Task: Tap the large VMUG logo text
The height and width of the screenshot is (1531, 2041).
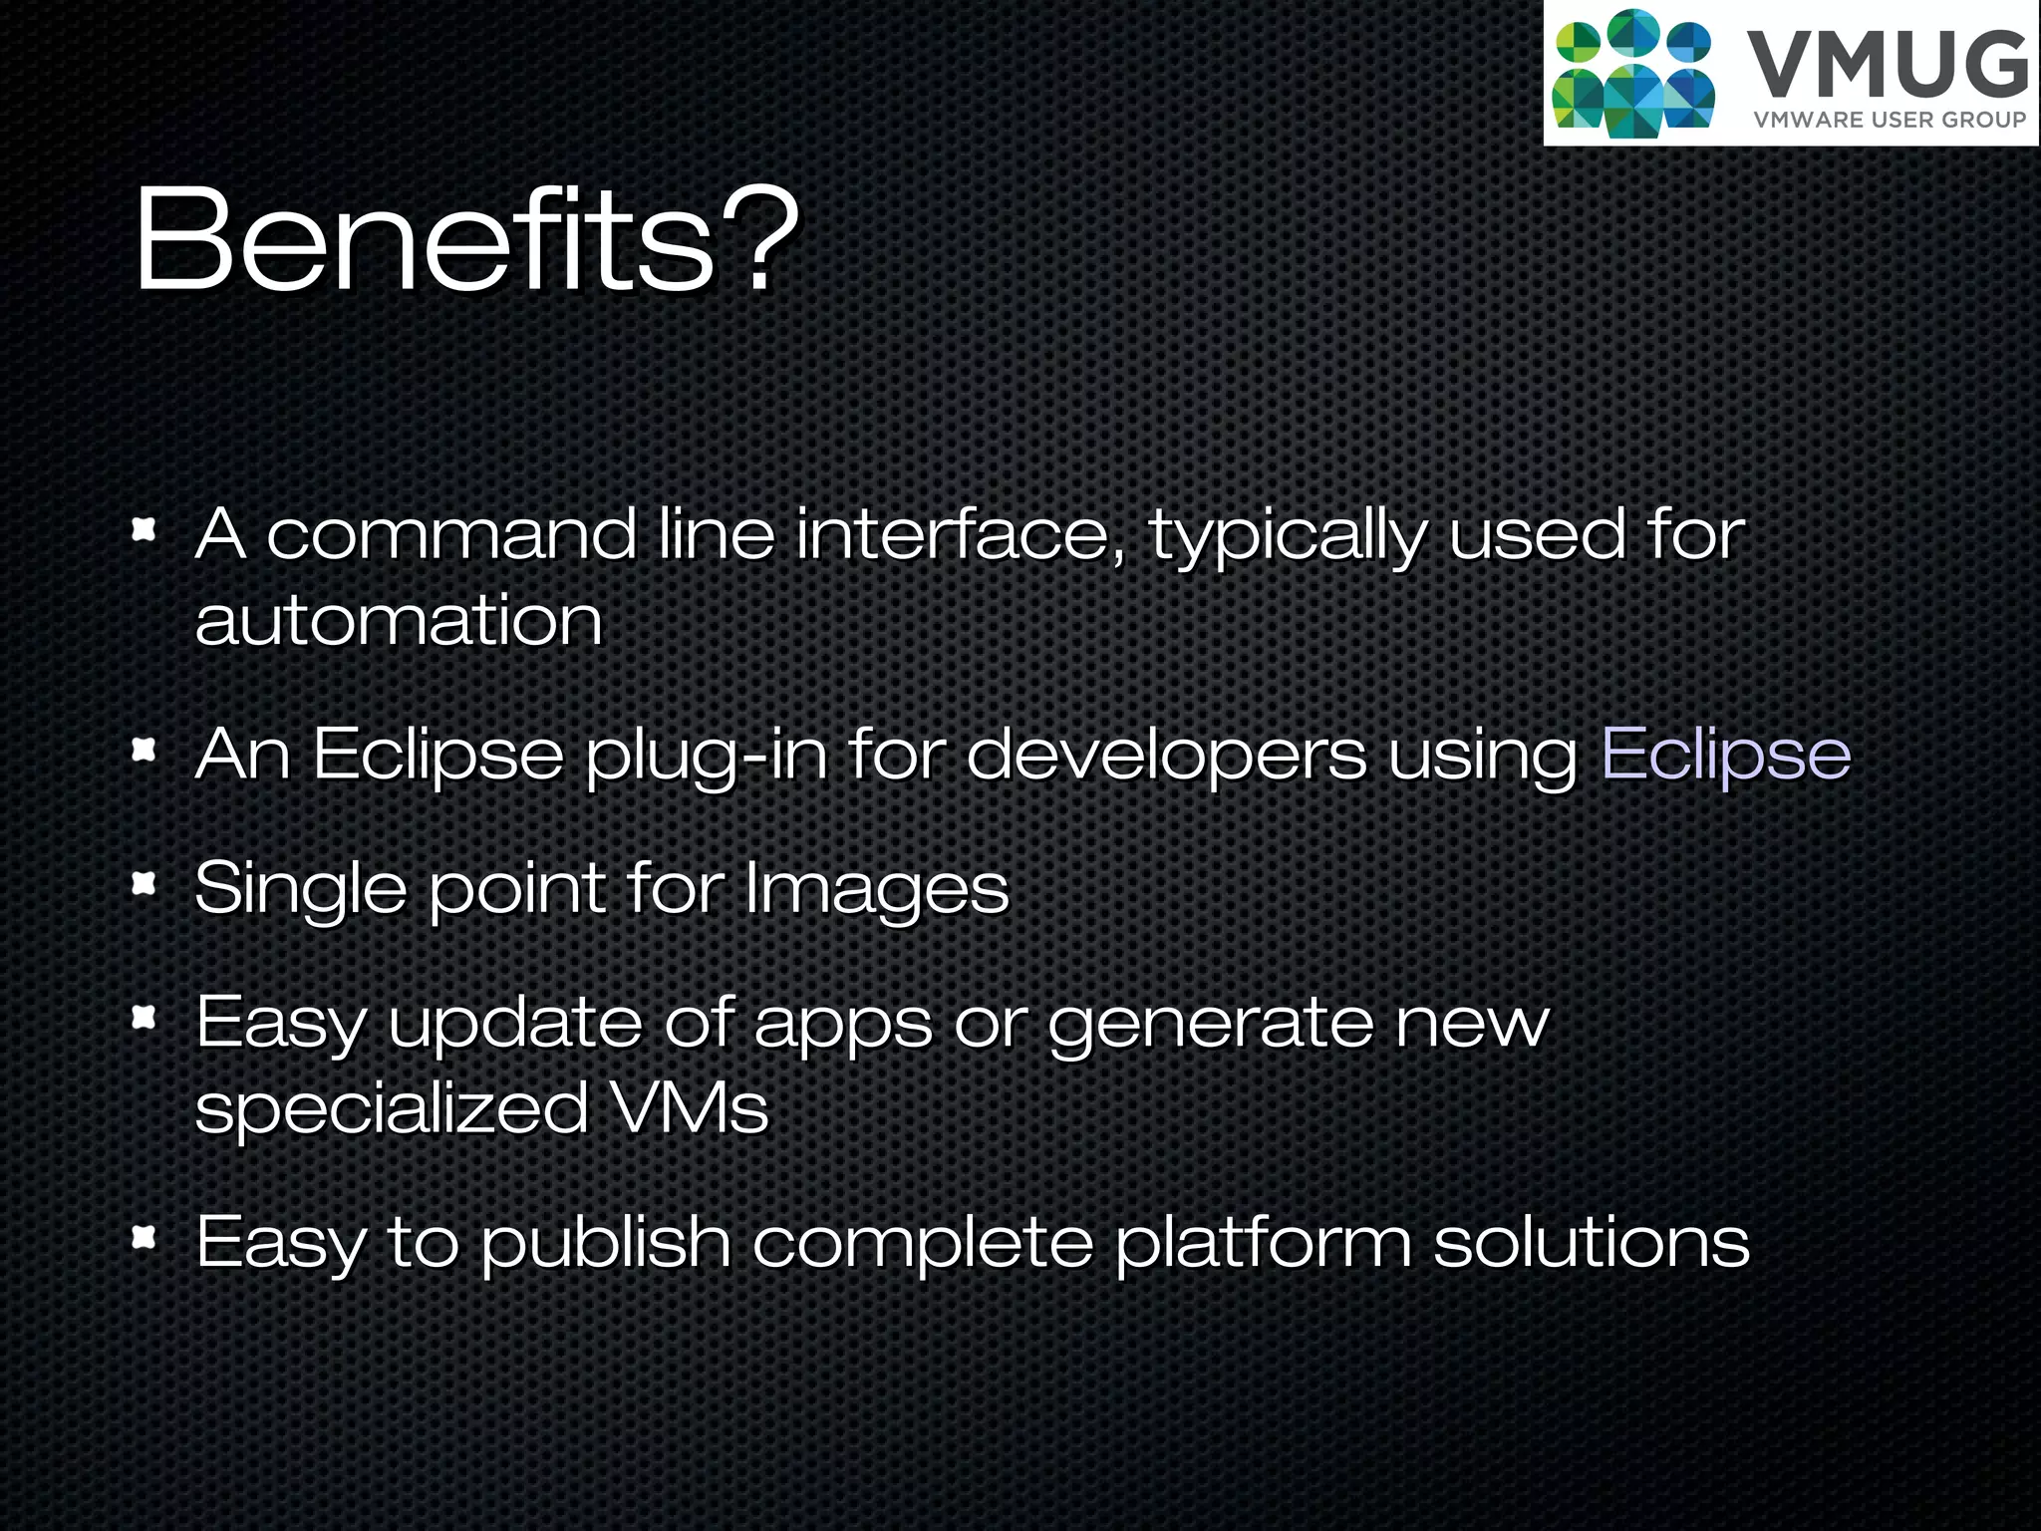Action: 1888,66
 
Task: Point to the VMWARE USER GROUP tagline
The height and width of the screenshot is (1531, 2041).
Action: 1890,120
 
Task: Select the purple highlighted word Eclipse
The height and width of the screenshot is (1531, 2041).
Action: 1725,755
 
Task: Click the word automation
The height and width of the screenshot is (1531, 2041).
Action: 399,620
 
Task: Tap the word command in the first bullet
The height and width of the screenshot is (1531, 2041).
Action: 450,534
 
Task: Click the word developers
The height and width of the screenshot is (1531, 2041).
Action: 1166,755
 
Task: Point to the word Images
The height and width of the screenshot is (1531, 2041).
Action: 877,888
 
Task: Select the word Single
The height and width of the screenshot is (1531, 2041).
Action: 300,890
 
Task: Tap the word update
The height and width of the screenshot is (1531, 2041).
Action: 515,1023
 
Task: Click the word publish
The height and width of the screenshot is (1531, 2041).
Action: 606,1244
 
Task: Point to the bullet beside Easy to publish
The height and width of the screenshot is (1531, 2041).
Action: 146,1238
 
